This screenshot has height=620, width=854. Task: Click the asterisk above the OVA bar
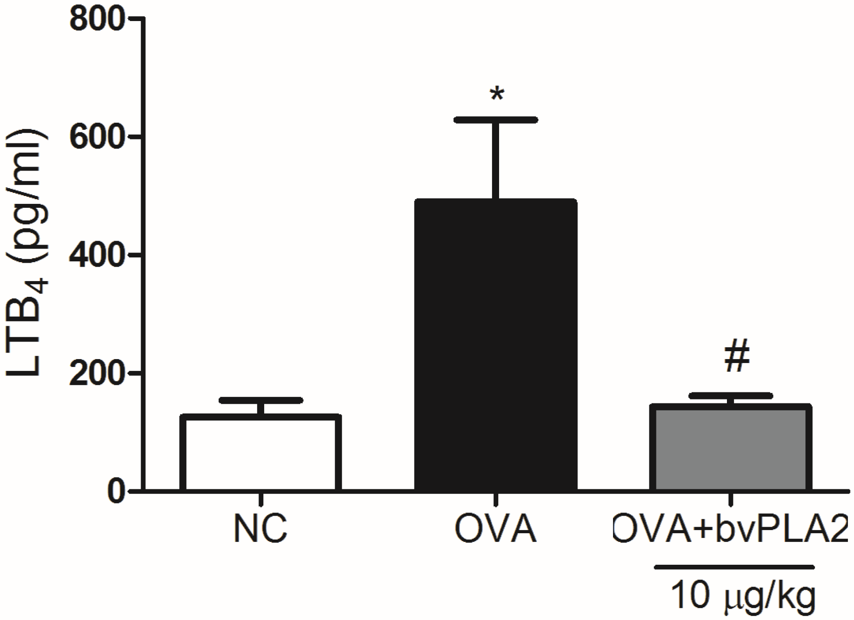[x=496, y=95]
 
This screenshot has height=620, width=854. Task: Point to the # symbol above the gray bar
[x=737, y=358]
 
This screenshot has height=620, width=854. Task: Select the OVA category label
[x=496, y=530]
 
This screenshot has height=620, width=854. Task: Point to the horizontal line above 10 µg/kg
[x=734, y=567]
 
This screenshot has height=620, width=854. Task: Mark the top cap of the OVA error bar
[x=496, y=120]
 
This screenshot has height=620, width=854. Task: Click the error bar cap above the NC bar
[x=261, y=400]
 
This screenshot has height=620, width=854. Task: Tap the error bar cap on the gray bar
[x=730, y=396]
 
